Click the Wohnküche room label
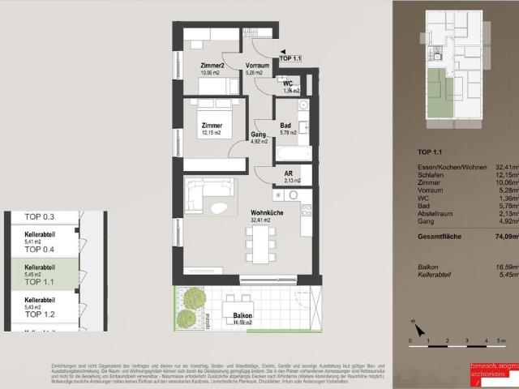(x=266, y=212)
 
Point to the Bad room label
(x=285, y=126)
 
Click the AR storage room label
(x=288, y=174)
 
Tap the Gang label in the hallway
(x=259, y=135)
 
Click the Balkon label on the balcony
(x=242, y=316)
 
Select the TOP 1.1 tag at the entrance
(x=290, y=58)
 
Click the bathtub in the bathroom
(x=293, y=152)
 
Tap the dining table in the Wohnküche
(x=260, y=243)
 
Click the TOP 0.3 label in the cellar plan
(x=39, y=217)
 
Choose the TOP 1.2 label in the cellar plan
(x=39, y=314)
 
